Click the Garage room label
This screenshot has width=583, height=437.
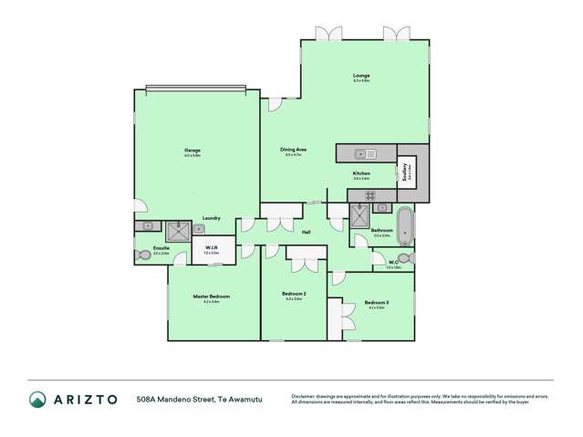point(192,151)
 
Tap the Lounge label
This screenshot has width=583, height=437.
point(361,76)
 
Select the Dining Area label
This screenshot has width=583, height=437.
point(294,150)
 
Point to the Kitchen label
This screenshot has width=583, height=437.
point(361,173)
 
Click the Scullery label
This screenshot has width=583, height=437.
point(404,168)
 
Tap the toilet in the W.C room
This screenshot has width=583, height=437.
point(404,259)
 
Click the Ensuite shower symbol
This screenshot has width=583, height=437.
point(179,230)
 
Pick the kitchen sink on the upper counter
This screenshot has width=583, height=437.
point(361,152)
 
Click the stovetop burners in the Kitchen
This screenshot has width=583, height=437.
point(370,194)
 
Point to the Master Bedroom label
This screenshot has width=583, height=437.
point(211,297)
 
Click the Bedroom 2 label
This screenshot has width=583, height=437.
point(294,294)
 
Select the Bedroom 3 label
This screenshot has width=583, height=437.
point(377,302)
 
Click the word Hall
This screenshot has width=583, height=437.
point(306,234)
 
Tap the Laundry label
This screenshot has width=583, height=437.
point(211,218)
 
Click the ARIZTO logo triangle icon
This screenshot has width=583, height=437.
point(37,399)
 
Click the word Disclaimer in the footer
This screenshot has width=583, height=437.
point(305,395)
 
